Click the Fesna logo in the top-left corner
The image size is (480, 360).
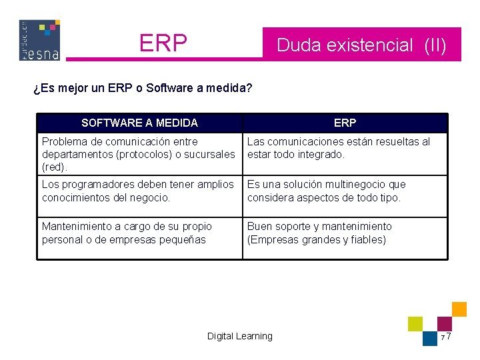40,40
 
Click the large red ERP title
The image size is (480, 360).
163,43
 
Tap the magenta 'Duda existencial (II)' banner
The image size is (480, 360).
361,45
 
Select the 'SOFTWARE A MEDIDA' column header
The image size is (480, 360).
139,123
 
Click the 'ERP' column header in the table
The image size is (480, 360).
345,123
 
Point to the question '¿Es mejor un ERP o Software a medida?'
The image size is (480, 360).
143,87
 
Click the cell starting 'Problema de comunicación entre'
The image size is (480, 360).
138,153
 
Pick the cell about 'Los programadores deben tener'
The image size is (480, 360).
138,190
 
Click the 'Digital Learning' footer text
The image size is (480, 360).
239,336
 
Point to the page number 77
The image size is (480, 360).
446,337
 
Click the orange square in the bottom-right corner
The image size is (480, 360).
459,309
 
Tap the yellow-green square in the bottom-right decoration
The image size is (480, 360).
415,324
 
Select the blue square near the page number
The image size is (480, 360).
430,338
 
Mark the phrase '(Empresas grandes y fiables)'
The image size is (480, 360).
317,239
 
